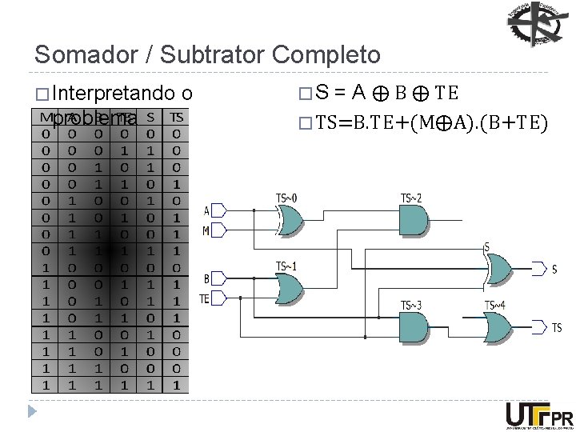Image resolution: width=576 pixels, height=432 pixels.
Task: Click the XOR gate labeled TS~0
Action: point(289,219)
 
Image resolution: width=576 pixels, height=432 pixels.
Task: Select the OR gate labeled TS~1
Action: point(289,287)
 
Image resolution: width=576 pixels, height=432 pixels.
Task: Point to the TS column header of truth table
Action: point(177,117)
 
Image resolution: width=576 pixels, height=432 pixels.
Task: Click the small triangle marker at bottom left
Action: point(32,413)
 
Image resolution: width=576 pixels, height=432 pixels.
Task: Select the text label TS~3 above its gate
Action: point(410,305)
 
